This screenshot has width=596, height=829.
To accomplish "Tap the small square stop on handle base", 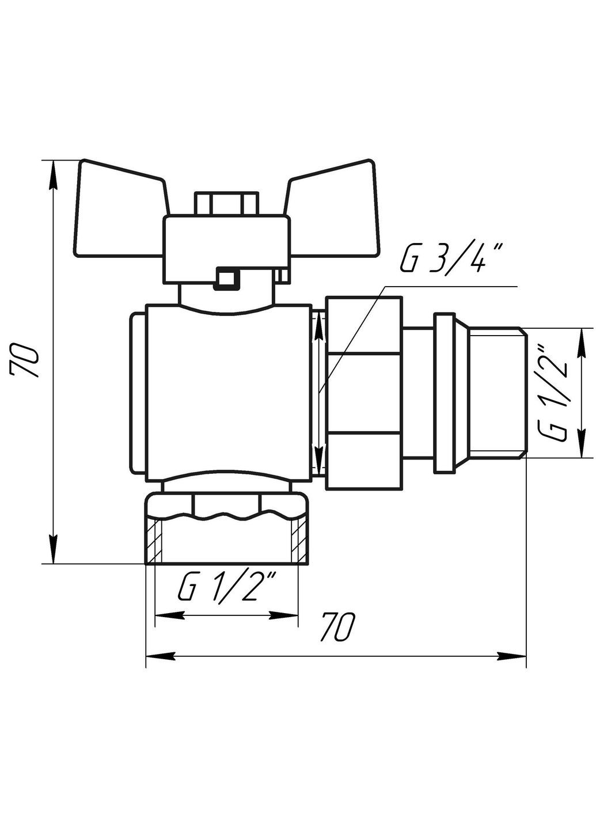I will (x=226, y=277).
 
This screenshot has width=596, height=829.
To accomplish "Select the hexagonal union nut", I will (x=363, y=393).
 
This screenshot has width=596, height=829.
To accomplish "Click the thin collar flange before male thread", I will (x=445, y=393).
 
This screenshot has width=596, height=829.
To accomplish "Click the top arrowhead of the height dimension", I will (x=53, y=173).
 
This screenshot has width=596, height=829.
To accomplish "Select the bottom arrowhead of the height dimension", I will (x=53, y=550).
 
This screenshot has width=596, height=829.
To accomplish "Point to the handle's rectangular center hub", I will (x=226, y=242).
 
